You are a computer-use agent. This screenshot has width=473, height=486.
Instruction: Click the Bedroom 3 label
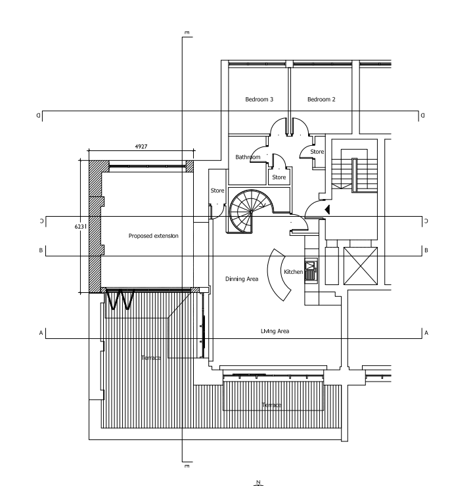click(259, 99)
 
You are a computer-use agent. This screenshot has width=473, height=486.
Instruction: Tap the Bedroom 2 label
click(321, 99)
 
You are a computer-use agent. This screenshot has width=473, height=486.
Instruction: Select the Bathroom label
click(248, 157)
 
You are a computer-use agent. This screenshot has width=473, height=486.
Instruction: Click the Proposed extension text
click(153, 236)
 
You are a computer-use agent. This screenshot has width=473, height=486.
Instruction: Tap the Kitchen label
click(292, 272)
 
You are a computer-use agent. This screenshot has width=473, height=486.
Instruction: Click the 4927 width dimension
click(141, 146)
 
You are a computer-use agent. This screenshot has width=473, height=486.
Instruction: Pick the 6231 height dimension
click(81, 226)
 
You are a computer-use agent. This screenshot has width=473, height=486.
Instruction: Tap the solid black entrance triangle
click(327, 210)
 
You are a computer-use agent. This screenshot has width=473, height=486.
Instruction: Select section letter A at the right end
click(426, 334)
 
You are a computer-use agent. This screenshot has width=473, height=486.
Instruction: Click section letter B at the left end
click(41, 250)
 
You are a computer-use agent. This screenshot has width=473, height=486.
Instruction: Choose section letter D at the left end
click(41, 116)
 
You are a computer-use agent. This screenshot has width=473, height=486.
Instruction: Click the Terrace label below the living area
click(272, 405)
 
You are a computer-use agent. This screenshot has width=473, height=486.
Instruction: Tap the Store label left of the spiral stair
click(217, 191)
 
